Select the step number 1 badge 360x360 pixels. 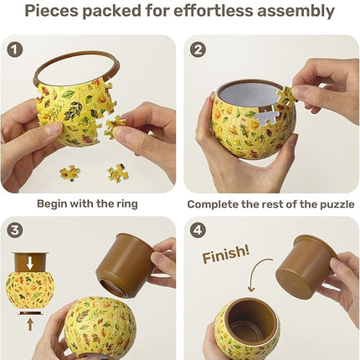click(x=14, y=49)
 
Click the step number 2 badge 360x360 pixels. click(x=198, y=49)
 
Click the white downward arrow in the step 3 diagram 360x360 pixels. click(x=29, y=262)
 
